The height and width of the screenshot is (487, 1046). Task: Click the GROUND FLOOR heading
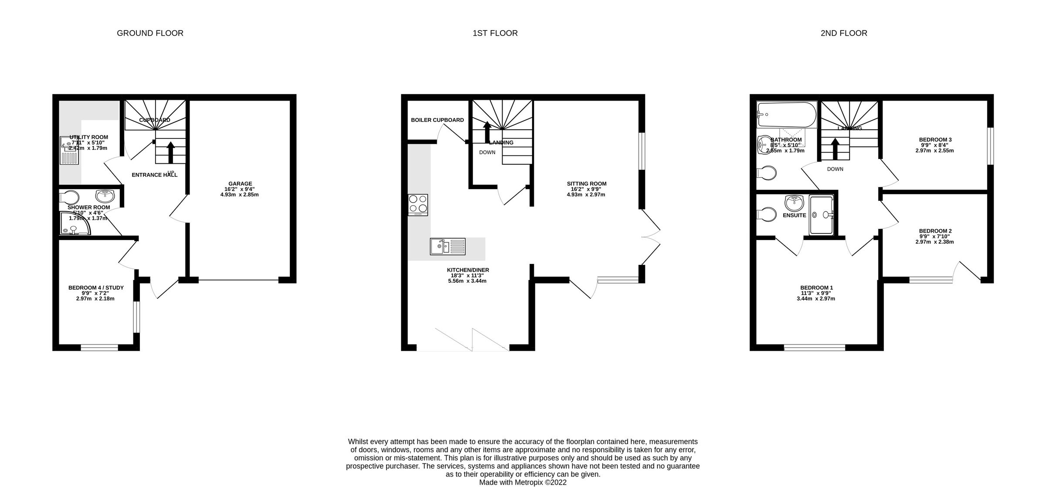150,33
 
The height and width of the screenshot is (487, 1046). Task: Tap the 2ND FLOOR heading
844,33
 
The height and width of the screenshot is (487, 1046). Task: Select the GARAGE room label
240,184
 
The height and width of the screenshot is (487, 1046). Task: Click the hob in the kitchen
418,205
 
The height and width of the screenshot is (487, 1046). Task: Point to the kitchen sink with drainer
448,247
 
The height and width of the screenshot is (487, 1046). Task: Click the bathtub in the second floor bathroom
787,115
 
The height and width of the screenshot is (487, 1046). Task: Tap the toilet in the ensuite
767,215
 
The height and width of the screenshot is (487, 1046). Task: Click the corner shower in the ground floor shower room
74,224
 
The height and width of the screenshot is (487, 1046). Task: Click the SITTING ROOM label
587,184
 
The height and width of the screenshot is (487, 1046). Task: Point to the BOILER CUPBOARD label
437,120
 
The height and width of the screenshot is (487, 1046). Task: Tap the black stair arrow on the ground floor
171,152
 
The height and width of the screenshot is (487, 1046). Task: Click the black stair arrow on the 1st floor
487,132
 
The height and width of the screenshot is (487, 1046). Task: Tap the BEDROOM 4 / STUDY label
96,287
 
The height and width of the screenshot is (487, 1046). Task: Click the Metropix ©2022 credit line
523,483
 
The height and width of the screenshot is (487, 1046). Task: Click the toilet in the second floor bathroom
767,173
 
